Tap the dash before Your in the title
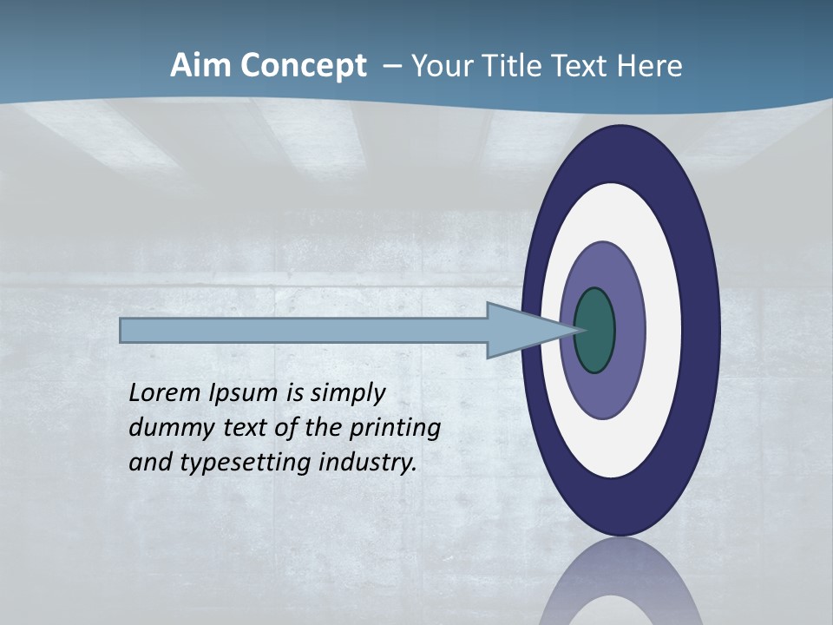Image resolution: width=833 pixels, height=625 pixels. [392, 66]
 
